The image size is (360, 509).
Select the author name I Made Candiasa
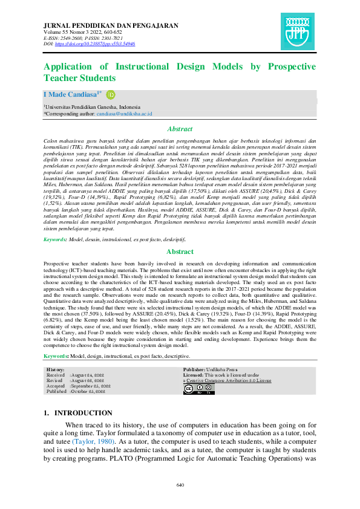tap(70, 95)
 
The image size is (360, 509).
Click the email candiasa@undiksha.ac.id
tap(125, 113)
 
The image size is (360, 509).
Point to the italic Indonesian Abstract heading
tap(180, 129)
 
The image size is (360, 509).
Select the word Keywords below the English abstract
tap(55, 357)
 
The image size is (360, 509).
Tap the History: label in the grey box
tap(56, 369)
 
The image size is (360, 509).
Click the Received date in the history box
tap(91, 375)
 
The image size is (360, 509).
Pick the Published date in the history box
tap(91, 391)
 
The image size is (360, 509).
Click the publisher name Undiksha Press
tap(222, 369)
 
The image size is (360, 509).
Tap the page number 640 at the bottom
tap(180, 485)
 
